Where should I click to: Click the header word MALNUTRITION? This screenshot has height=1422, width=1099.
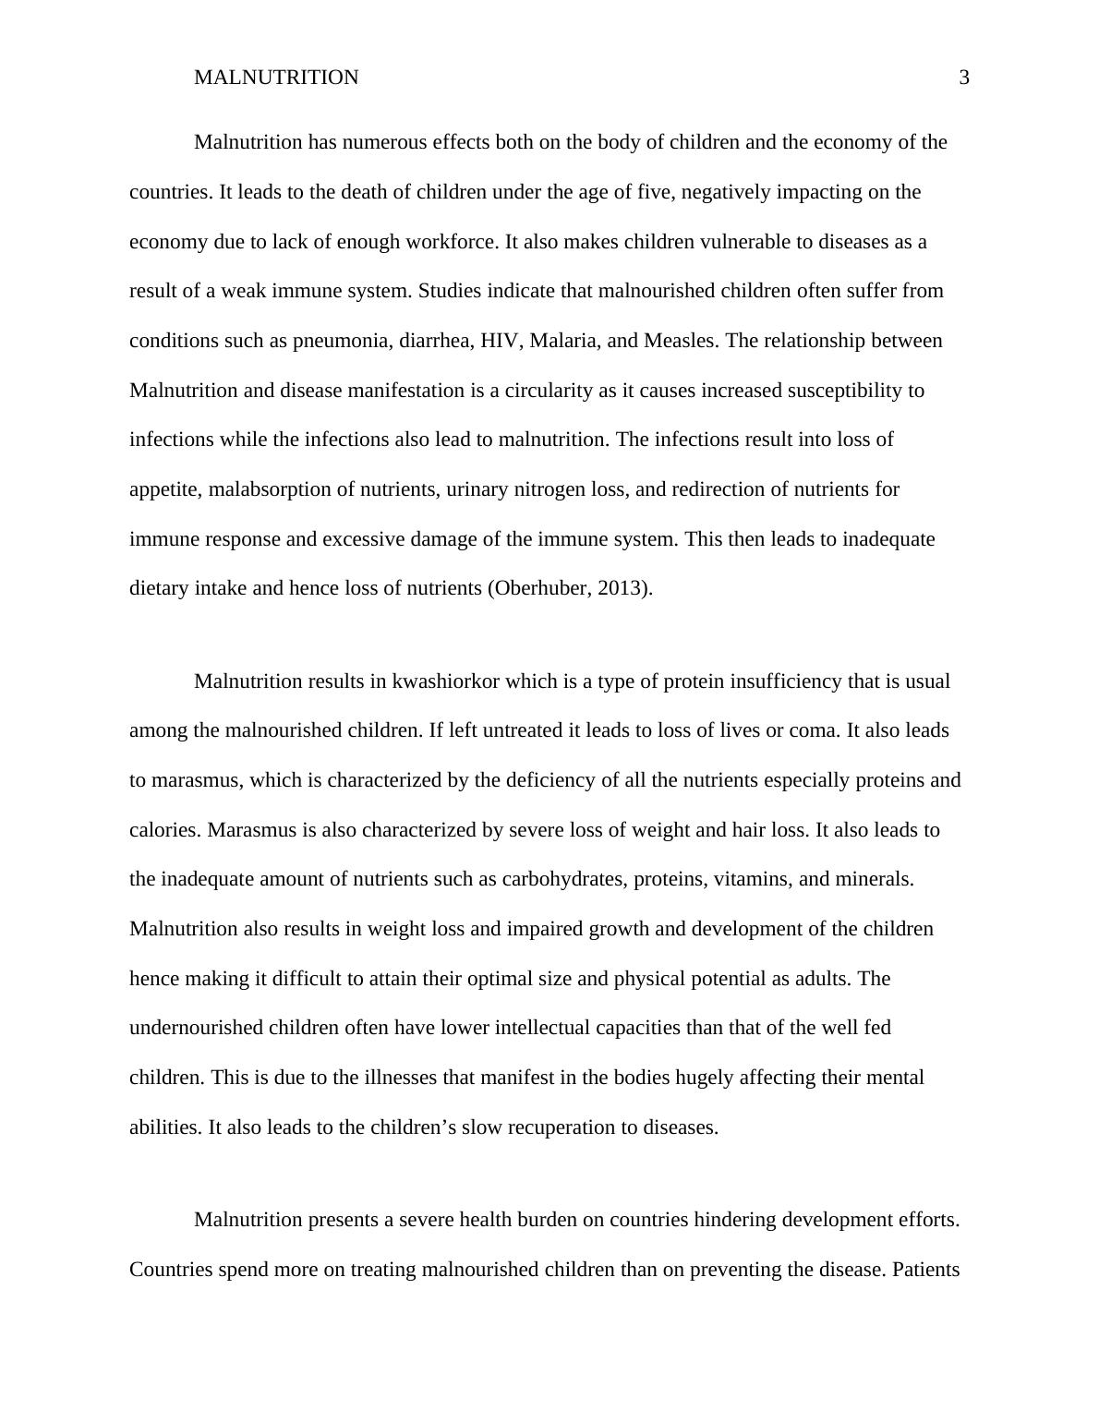tap(276, 78)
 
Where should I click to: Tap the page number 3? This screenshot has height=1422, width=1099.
tap(964, 78)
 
